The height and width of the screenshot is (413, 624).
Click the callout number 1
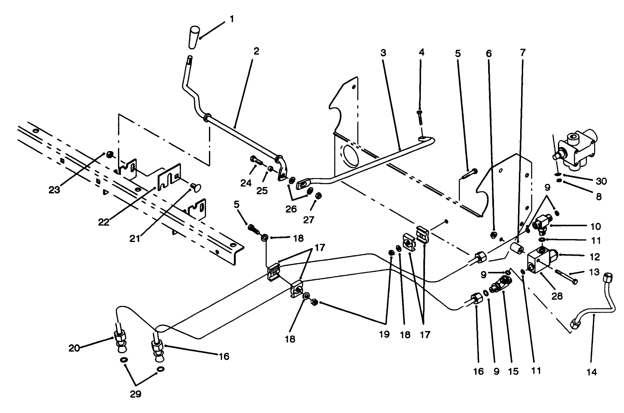coord(231,19)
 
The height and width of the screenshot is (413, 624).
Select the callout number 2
coord(256,51)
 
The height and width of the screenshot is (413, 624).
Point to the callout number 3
coord(383,53)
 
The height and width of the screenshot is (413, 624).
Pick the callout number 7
coord(522,53)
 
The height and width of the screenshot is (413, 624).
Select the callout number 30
coord(601,181)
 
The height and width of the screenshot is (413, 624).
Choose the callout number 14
coord(592,372)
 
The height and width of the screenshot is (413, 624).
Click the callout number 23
coord(54,190)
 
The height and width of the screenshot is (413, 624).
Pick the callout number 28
coord(557,296)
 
